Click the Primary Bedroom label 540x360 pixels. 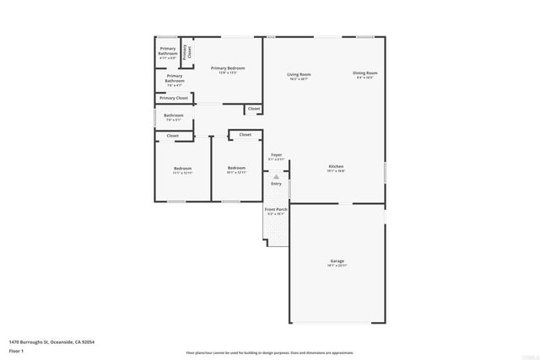[x=228, y=69]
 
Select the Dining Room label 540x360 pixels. [x=365, y=75]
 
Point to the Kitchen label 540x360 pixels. [x=336, y=169]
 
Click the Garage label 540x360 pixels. [x=337, y=263]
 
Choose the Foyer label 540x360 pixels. [x=276, y=157]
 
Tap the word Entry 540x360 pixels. [x=276, y=184]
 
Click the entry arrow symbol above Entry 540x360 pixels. [x=276, y=175]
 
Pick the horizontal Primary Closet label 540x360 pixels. [x=174, y=98]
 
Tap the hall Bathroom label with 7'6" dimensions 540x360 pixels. [x=174, y=116]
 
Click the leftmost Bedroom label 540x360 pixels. [x=182, y=170]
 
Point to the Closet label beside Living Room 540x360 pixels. [x=254, y=108]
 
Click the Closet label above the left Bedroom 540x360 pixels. [x=172, y=135]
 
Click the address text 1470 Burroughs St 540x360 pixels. [x=51, y=341]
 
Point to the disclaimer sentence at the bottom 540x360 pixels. [x=269, y=352]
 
